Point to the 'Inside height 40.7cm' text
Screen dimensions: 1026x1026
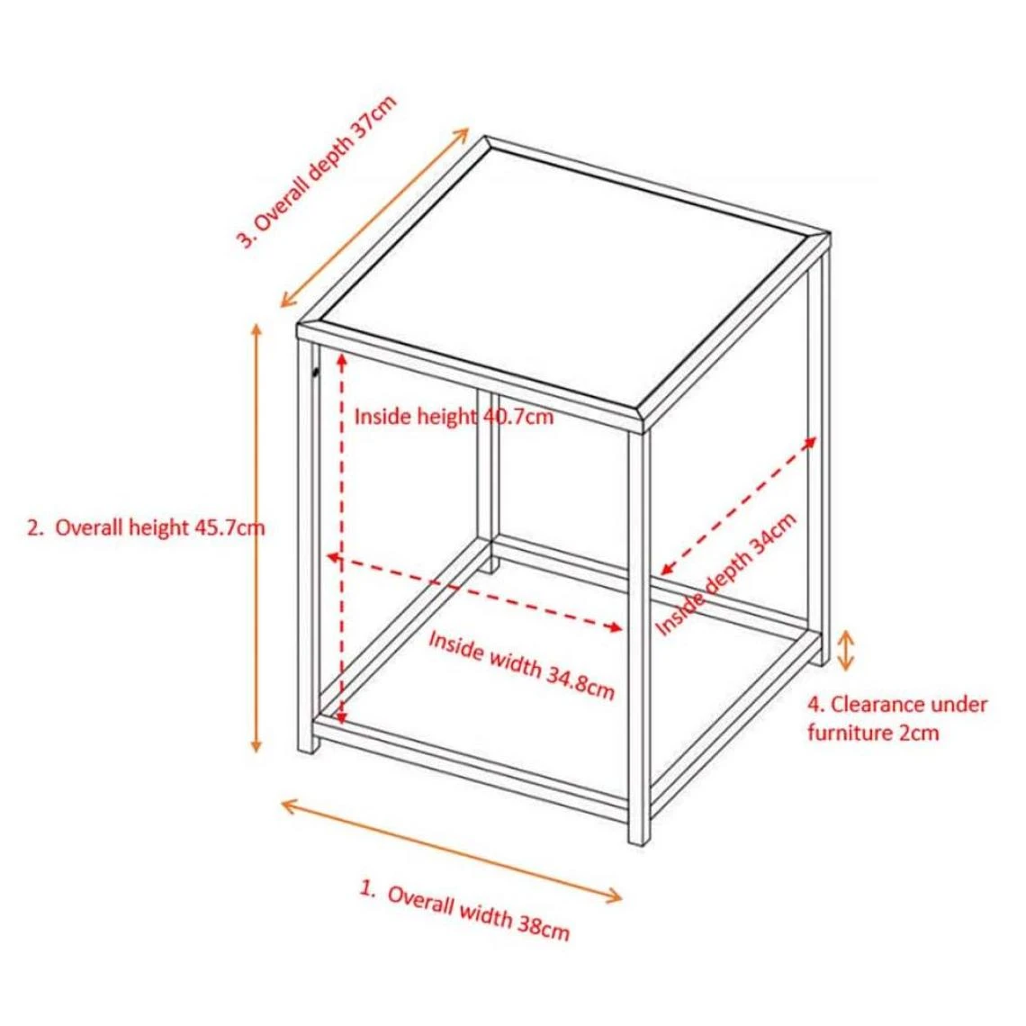(x=454, y=416)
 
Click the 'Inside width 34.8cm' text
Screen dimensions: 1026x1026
(x=521, y=665)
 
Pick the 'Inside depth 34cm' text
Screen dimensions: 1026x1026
(x=725, y=574)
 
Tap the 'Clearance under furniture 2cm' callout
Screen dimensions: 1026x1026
(x=897, y=718)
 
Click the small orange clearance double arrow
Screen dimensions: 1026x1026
(x=846, y=651)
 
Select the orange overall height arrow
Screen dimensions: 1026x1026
(x=256, y=538)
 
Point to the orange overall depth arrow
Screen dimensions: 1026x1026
(x=375, y=217)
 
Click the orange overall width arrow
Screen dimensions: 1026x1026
(x=452, y=851)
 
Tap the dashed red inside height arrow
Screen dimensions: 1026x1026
(x=341, y=538)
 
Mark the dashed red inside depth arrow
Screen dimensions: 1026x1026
(x=738, y=506)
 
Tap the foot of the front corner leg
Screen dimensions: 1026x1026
(x=639, y=839)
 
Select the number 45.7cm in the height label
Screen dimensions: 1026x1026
(x=231, y=527)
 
